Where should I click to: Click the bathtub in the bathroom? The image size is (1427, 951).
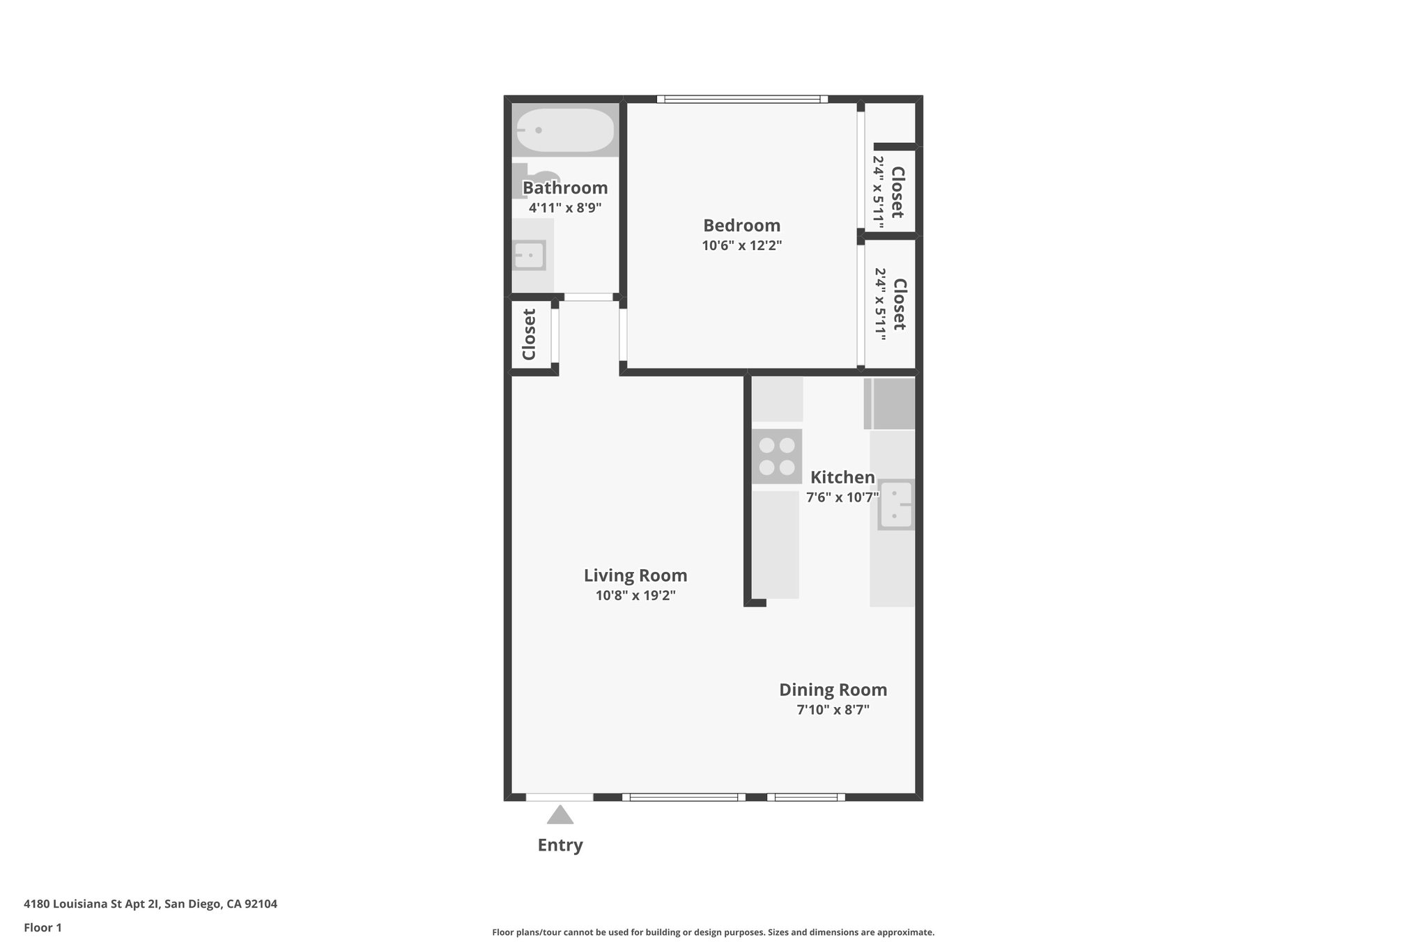click(565, 130)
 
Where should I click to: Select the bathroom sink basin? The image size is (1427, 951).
click(530, 256)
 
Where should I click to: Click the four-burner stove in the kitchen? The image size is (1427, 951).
click(776, 456)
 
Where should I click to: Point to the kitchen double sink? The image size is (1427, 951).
click(895, 504)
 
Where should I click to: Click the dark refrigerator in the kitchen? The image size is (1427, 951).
click(890, 403)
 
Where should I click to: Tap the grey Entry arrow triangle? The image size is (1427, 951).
click(560, 814)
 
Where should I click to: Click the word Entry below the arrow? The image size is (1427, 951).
click(560, 845)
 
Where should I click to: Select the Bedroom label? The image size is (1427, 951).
click(741, 226)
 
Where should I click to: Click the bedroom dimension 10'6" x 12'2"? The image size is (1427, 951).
click(741, 245)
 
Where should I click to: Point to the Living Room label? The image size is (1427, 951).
click(635, 575)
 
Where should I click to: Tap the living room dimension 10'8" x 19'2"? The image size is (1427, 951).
click(635, 596)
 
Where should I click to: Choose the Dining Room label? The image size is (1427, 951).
click(833, 690)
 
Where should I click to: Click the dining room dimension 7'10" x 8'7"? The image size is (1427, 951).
click(833, 710)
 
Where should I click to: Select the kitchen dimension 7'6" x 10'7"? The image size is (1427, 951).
click(842, 497)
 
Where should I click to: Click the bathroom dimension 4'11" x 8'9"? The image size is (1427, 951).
click(564, 208)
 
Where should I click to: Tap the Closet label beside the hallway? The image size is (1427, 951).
click(529, 334)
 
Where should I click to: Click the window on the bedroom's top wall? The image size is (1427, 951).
click(742, 99)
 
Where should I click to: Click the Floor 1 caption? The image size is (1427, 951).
click(43, 927)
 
